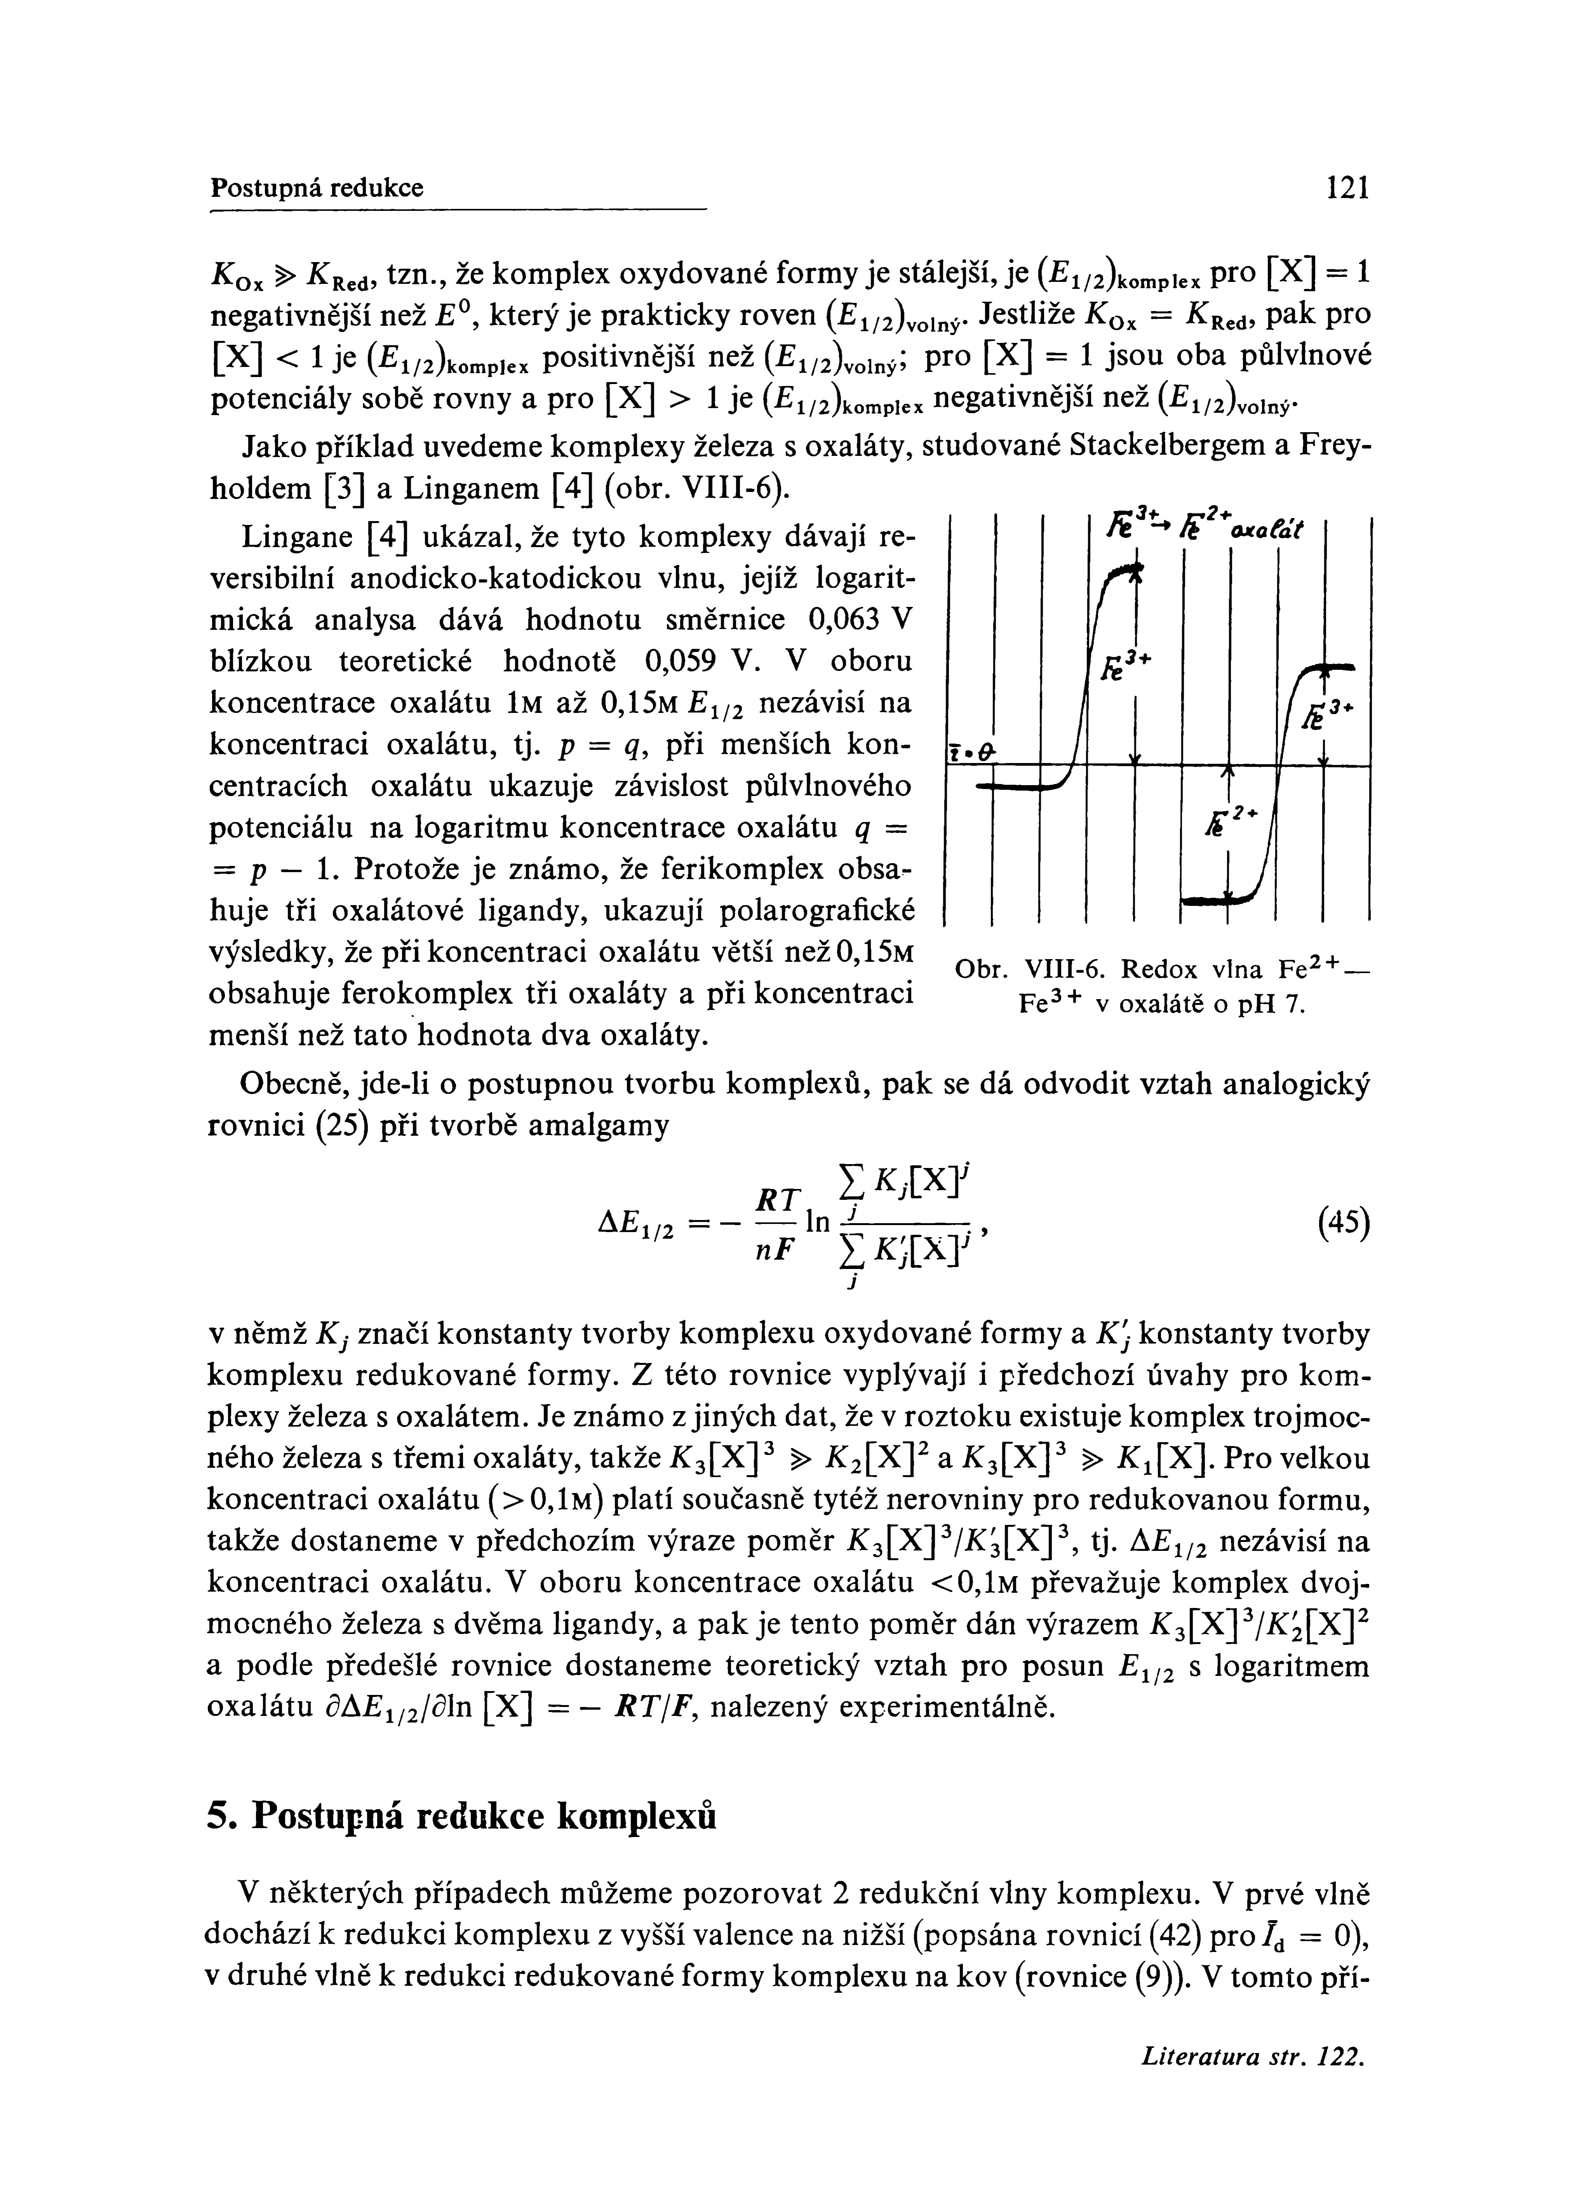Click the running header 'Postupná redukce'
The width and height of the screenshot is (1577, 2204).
318,188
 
